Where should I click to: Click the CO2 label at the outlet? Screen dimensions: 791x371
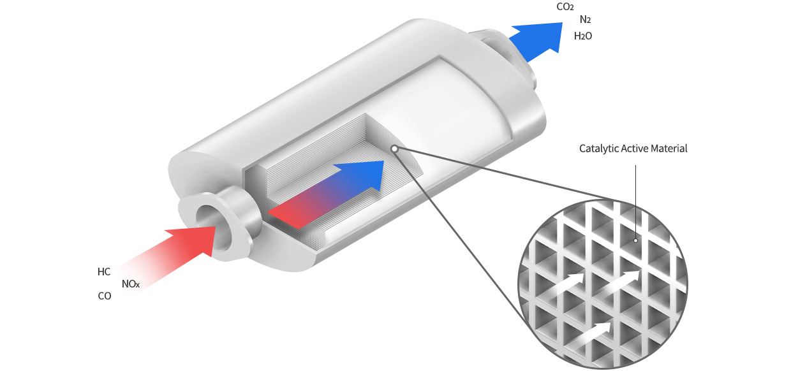tap(565, 7)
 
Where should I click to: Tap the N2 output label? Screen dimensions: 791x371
tap(585, 20)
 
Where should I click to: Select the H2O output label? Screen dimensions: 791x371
tap(583, 36)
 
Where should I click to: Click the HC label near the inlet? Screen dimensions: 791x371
tap(104, 272)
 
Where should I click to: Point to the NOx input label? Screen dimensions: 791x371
tap(131, 284)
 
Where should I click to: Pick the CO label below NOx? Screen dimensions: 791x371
tap(105, 296)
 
